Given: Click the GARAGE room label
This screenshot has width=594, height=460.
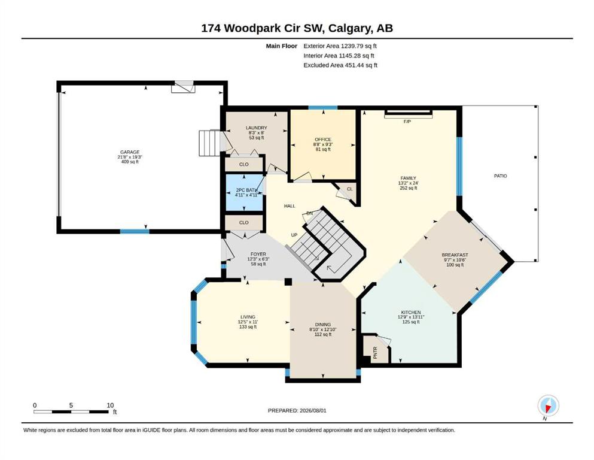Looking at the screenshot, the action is (x=130, y=152).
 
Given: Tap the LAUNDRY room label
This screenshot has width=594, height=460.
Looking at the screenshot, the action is (x=257, y=128).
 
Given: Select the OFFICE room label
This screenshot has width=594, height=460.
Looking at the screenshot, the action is (x=323, y=140).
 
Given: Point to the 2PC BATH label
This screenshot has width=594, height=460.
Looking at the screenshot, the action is (x=246, y=190).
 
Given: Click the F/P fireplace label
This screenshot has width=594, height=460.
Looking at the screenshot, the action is (x=407, y=122).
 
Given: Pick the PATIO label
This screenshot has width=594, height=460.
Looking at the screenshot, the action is (x=501, y=176).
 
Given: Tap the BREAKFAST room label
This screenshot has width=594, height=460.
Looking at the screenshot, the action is (x=455, y=255).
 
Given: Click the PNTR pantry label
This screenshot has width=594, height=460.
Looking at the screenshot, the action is (x=376, y=353).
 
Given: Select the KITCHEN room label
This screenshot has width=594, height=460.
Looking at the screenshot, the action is (x=411, y=313).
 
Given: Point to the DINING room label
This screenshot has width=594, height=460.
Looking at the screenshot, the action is (x=323, y=325).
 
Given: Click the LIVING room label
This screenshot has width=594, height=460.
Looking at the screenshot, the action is (x=248, y=317).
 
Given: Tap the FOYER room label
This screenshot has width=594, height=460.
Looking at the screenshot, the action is (x=258, y=254).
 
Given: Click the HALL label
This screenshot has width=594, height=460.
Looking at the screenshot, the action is (x=290, y=206).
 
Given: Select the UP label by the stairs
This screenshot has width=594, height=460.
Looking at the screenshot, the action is (x=294, y=235).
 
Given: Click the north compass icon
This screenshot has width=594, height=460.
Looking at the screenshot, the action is (x=548, y=405).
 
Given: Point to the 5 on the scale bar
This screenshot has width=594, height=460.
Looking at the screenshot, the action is (x=71, y=405).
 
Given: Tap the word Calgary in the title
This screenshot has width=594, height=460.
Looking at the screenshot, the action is (x=350, y=28).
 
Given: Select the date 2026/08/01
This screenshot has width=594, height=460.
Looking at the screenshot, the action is (x=313, y=410).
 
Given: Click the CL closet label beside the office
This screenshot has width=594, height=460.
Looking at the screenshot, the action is (x=350, y=189).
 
